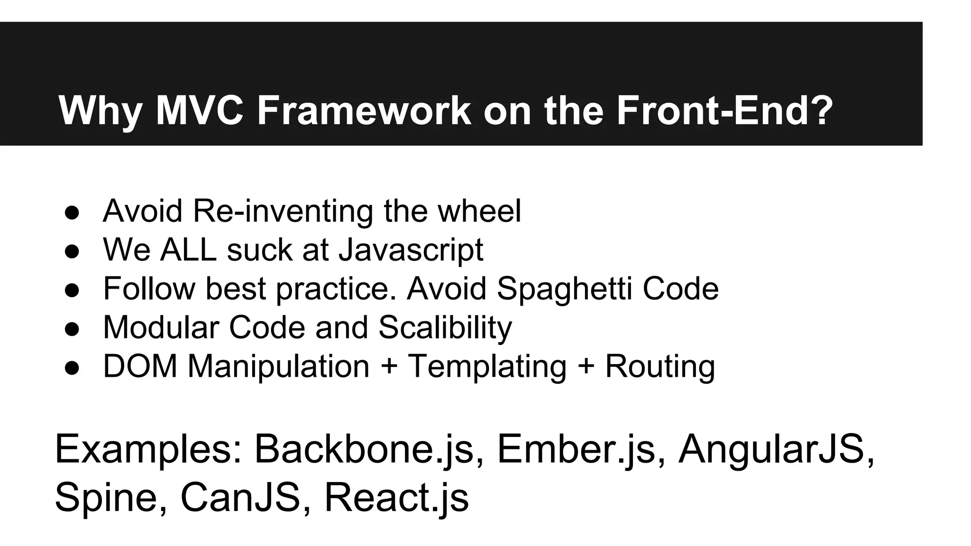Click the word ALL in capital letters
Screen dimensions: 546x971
click(x=188, y=250)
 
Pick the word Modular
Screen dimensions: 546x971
click(x=161, y=328)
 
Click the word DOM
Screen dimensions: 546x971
click(x=140, y=366)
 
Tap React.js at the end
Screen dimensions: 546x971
click(x=396, y=497)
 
